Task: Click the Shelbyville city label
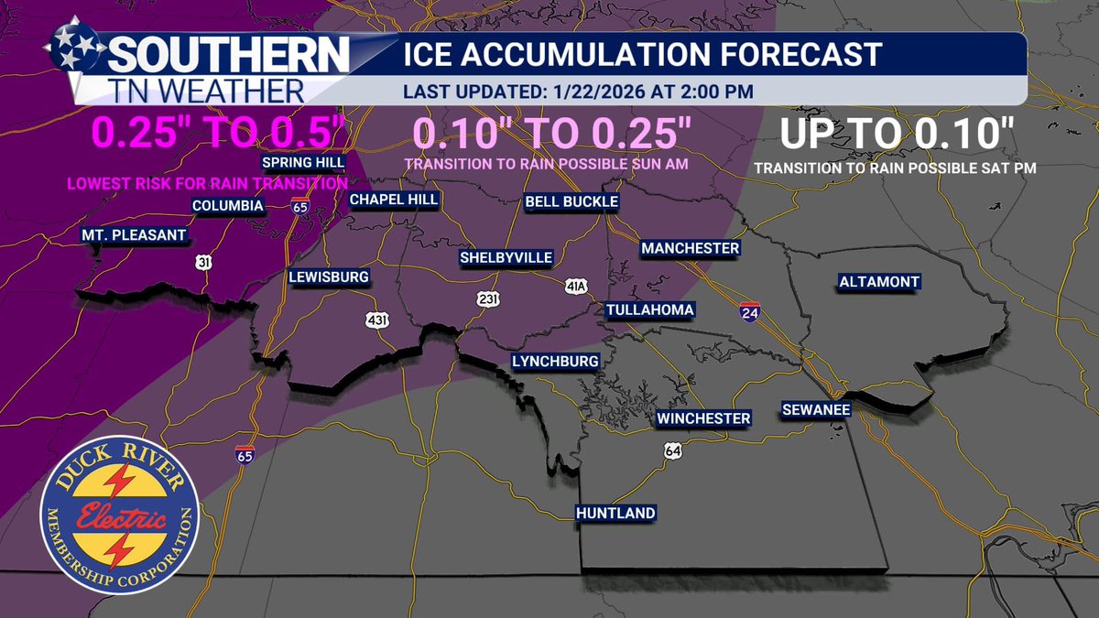(x=506, y=258)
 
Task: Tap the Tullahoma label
(x=650, y=309)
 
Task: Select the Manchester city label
(x=690, y=249)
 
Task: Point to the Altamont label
(x=879, y=282)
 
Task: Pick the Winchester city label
(x=703, y=418)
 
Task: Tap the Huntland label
(x=615, y=514)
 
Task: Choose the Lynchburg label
(x=555, y=362)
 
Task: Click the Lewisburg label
(x=329, y=276)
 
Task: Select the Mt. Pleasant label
(x=134, y=235)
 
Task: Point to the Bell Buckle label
(x=571, y=201)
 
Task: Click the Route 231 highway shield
(x=487, y=298)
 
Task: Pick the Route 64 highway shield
(x=673, y=451)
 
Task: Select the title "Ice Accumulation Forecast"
(x=642, y=54)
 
